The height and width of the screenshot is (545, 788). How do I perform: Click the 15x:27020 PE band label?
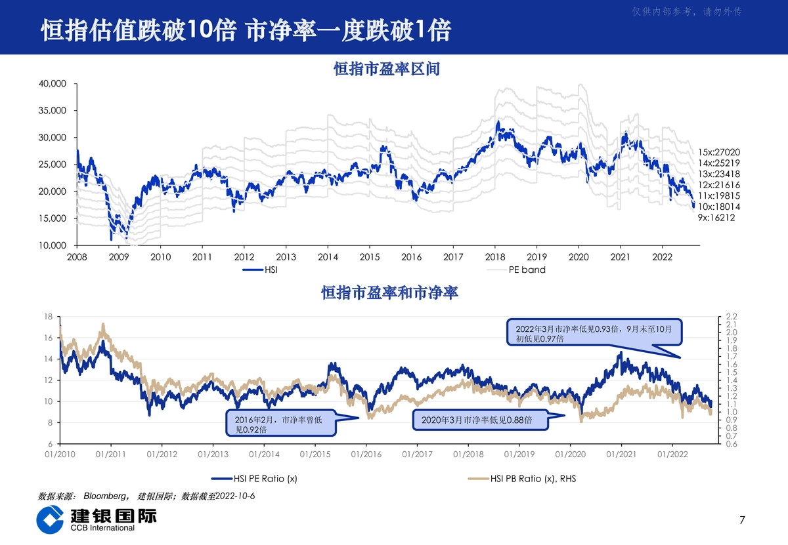tap(718, 152)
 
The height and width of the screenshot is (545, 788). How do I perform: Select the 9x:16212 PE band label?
tap(716, 218)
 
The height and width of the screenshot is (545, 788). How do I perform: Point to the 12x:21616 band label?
tap(718, 185)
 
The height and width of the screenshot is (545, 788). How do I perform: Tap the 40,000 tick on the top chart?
tap(53, 84)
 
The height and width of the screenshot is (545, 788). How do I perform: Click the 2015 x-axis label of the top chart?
tap(369, 257)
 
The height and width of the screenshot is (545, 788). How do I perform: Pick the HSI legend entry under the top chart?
tap(260, 270)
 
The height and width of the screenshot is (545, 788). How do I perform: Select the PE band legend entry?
tap(516, 270)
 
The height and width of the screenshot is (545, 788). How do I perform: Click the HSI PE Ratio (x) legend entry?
tap(254, 479)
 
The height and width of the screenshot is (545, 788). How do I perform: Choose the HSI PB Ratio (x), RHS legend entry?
tap(522, 479)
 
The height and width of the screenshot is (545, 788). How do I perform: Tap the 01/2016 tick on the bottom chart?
tap(366, 454)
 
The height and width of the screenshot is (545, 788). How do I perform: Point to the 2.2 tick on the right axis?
tap(732, 317)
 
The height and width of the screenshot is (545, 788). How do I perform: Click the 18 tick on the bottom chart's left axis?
tap(48, 317)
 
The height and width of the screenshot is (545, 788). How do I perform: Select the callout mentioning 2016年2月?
tap(281, 423)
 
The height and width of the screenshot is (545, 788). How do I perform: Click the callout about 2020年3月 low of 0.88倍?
tap(481, 420)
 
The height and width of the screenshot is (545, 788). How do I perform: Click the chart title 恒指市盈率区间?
tap(387, 69)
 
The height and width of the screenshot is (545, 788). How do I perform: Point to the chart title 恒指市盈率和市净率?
tap(389, 293)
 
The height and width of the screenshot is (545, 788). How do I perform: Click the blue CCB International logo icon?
tap(50, 519)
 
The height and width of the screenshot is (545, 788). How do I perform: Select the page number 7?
tap(742, 520)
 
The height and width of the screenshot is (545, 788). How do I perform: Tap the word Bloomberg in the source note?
tap(104, 496)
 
